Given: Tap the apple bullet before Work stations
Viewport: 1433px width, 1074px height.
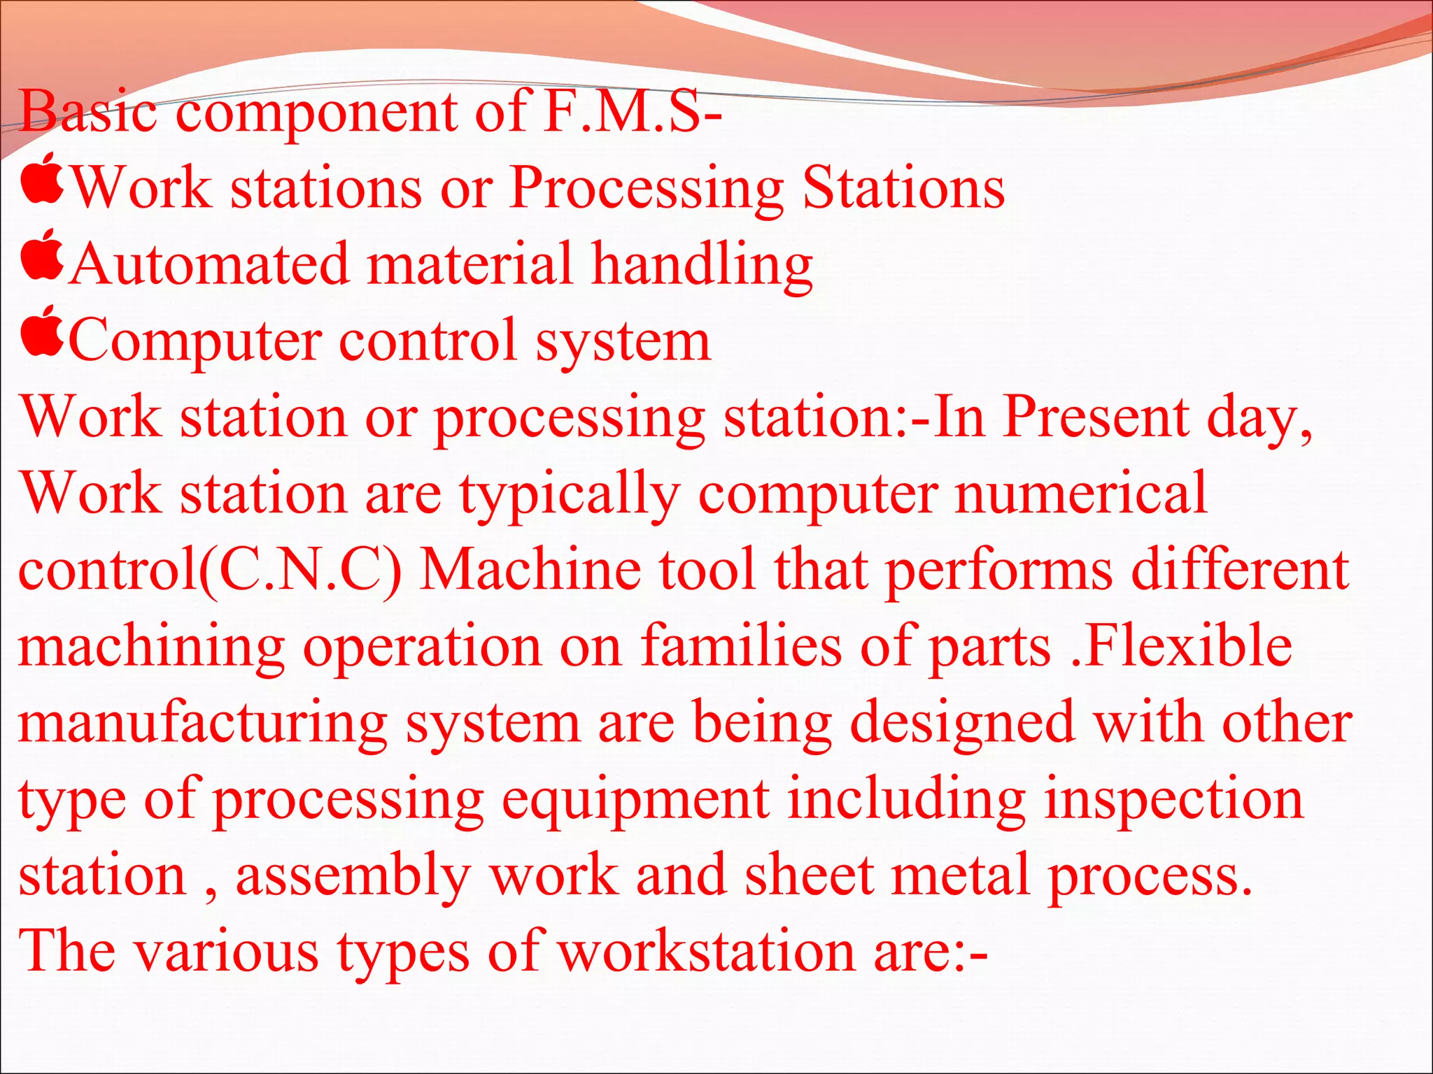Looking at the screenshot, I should (x=42, y=179).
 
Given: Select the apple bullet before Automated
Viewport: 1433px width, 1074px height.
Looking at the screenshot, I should (x=42, y=255).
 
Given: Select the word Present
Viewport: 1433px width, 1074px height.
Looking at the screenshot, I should (x=1096, y=417).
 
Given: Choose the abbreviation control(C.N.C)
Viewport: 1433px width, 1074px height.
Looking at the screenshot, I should (x=210, y=571).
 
